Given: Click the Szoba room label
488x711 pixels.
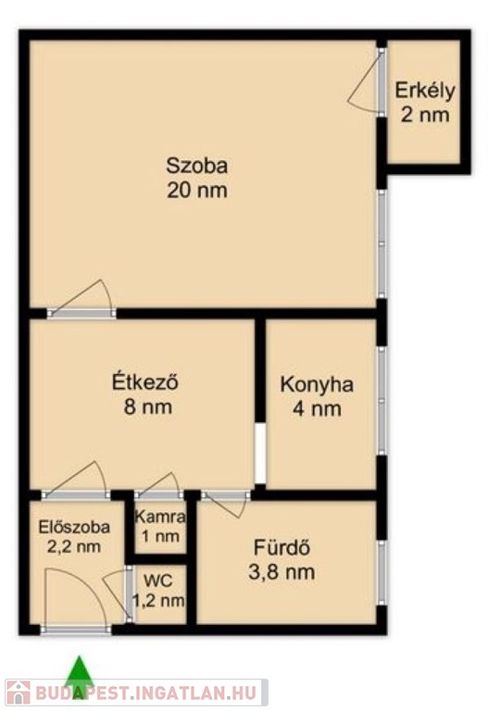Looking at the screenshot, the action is [x=197, y=166].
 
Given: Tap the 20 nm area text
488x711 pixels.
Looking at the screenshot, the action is [x=197, y=190].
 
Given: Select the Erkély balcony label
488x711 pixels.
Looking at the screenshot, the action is [x=425, y=91].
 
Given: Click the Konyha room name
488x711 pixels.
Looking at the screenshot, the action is [x=317, y=385].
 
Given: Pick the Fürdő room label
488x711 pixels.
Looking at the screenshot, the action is [x=282, y=547].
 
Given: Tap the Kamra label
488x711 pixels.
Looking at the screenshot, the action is [x=160, y=517].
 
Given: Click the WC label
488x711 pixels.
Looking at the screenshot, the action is [x=158, y=580].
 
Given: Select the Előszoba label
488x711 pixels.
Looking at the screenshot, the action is [x=74, y=527].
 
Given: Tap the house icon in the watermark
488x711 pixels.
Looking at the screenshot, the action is [x=19, y=692].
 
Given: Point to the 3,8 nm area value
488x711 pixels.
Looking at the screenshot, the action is [x=282, y=572].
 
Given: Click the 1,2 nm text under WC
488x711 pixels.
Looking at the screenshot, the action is [x=158, y=601].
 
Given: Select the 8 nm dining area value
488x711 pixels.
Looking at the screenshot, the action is [x=148, y=406].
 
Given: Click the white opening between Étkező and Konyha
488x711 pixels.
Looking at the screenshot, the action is [x=260, y=453].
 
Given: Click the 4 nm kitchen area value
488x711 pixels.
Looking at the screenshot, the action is [x=317, y=409].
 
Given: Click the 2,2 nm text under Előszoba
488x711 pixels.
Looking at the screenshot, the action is [x=74, y=546].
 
